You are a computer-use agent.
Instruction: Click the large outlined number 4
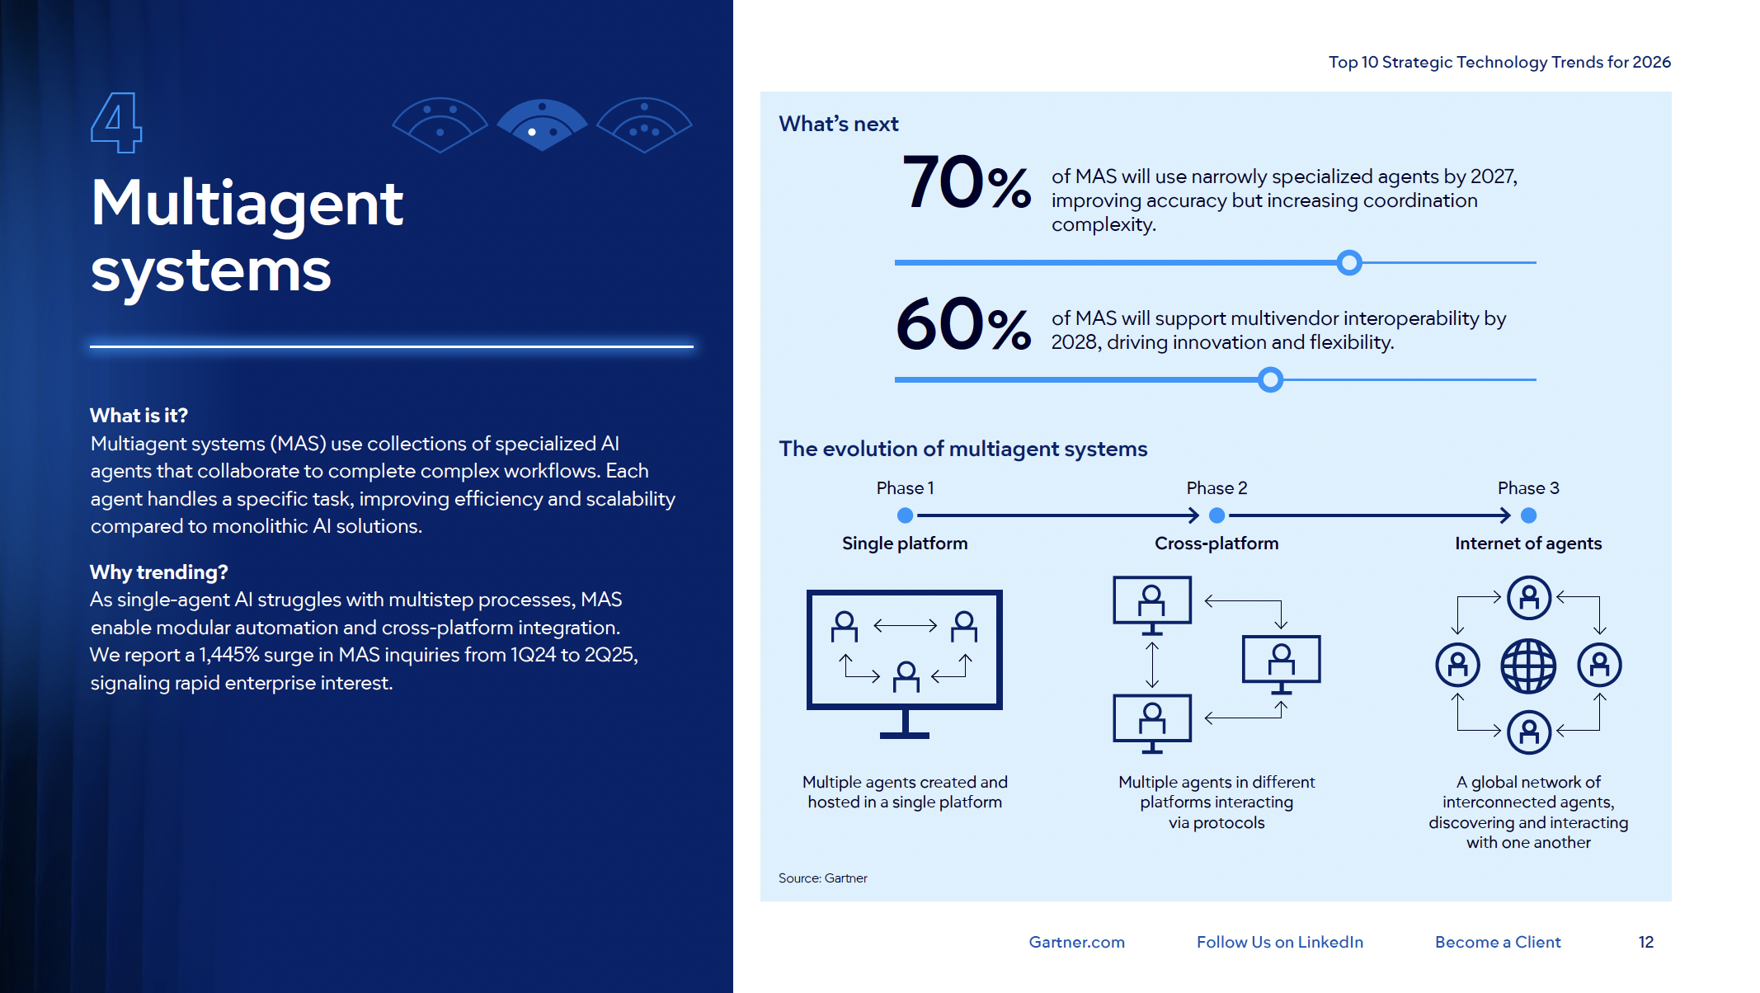pyautogui.click(x=115, y=122)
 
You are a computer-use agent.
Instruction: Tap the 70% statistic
pyautogui.click(x=966, y=183)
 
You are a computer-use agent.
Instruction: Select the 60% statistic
pyautogui.click(x=962, y=325)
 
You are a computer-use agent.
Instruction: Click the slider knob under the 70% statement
pyautogui.click(x=1349, y=263)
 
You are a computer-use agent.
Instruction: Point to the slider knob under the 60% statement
pyautogui.click(x=1271, y=380)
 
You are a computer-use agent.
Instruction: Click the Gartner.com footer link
pyautogui.click(x=1076, y=942)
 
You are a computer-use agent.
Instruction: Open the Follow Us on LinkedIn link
pyautogui.click(x=1279, y=942)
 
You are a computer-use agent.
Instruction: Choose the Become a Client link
pyautogui.click(x=1497, y=942)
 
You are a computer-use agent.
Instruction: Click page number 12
pyautogui.click(x=1645, y=942)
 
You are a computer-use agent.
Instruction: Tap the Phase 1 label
pyautogui.click(x=905, y=488)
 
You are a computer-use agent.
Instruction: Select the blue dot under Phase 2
pyautogui.click(x=1216, y=515)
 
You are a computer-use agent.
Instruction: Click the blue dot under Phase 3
pyautogui.click(x=1528, y=515)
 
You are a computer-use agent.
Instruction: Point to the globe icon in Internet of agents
pyautogui.click(x=1528, y=666)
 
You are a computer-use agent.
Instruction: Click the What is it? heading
pyautogui.click(x=139, y=415)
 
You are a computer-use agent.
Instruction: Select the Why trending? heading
pyautogui.click(x=158, y=572)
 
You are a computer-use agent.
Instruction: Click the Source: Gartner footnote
pyautogui.click(x=822, y=878)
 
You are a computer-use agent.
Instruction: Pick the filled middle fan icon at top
pyautogui.click(x=542, y=124)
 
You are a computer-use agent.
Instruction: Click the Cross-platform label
pyautogui.click(x=1216, y=544)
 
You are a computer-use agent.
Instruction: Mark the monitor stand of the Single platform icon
pyautogui.click(x=905, y=725)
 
